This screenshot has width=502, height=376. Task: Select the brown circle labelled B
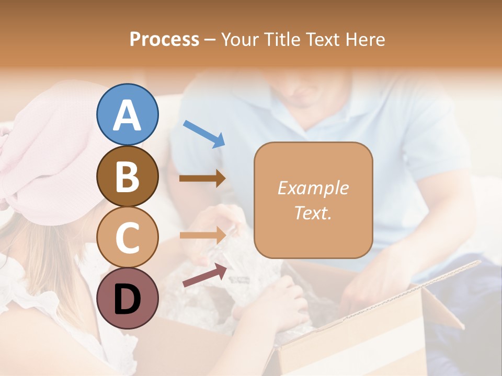(x=128, y=177)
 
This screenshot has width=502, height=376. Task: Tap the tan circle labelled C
(x=128, y=238)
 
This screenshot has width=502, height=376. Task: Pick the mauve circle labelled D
(x=128, y=298)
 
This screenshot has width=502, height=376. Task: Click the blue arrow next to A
(x=204, y=133)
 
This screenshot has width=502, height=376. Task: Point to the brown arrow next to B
(x=202, y=179)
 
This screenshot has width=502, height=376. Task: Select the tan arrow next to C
(x=202, y=234)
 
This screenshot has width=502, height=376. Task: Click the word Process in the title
(x=164, y=40)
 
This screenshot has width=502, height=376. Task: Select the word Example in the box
(x=313, y=189)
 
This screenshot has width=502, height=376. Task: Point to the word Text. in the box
(x=313, y=213)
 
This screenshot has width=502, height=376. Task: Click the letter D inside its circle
(x=128, y=299)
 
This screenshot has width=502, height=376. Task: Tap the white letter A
(x=128, y=115)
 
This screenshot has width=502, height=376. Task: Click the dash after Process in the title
(x=210, y=40)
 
